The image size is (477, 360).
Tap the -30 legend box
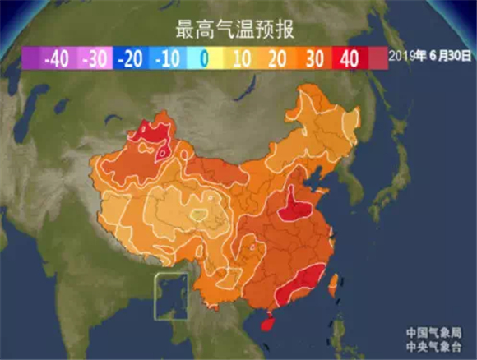(x=94, y=59)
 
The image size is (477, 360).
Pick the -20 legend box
(x=131, y=59)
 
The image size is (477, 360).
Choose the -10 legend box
(x=168, y=59)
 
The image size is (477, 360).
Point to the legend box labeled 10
(x=242, y=59)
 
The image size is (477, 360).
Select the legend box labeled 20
(x=279, y=59)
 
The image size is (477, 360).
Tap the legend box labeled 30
(x=316, y=59)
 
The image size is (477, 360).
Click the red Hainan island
(x=266, y=323)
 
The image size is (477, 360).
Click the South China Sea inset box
(x=171, y=297)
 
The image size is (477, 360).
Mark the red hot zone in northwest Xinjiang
(x=155, y=136)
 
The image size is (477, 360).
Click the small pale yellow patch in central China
(x=197, y=215)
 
